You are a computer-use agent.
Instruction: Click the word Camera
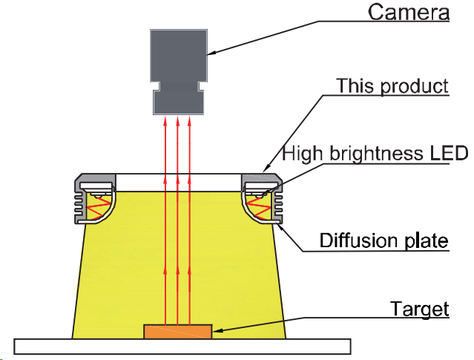click(x=409, y=13)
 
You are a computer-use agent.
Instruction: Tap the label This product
click(x=392, y=86)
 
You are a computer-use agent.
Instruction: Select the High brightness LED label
click(x=375, y=154)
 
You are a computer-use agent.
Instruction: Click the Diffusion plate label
click(x=384, y=240)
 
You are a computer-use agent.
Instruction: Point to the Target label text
click(x=420, y=309)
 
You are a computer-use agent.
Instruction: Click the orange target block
click(x=178, y=332)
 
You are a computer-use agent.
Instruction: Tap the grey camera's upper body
click(x=179, y=56)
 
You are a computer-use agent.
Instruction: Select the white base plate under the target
click(x=182, y=347)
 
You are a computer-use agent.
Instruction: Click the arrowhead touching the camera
click(x=211, y=53)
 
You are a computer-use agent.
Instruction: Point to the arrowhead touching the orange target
click(x=217, y=330)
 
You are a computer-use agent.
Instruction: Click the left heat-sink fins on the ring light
click(x=79, y=203)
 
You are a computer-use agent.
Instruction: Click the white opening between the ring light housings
click(x=178, y=183)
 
